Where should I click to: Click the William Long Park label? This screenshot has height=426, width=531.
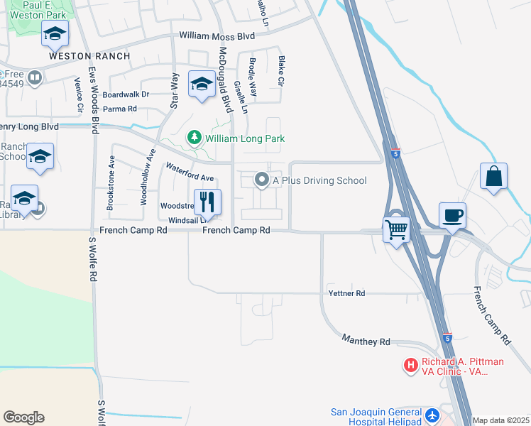245,138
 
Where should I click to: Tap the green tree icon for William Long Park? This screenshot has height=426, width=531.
193,136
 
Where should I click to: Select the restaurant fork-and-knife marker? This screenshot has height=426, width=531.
207,202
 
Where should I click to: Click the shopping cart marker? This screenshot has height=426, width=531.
397,229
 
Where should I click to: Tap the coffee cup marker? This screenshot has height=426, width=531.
453,214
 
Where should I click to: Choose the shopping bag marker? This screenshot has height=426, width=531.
493,176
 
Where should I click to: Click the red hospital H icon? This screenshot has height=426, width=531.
410,366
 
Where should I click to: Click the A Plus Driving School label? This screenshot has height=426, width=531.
319,180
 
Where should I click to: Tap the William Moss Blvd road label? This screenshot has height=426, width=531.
217,35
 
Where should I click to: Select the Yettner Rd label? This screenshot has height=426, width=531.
346,293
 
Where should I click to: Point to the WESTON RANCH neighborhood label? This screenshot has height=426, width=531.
89,55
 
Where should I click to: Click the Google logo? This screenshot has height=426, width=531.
23,417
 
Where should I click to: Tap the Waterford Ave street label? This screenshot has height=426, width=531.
190,172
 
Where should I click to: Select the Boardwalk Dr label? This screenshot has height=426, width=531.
126,94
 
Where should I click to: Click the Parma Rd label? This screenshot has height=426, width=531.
119,109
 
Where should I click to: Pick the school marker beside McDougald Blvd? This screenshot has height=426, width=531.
202,84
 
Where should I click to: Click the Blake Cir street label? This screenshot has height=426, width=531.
281,72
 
